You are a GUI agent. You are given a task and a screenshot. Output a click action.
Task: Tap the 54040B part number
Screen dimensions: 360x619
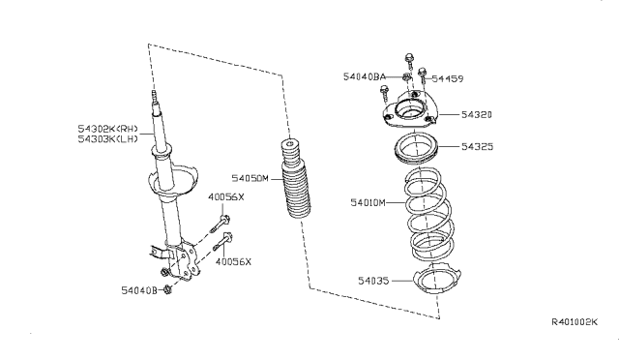click(x=140, y=289)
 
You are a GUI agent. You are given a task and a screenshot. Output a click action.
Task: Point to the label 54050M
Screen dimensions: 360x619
click(x=251, y=178)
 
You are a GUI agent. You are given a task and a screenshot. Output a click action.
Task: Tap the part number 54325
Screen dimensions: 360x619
click(x=480, y=147)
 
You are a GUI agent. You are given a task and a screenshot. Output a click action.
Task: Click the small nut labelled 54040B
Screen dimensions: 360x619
click(x=168, y=288)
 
